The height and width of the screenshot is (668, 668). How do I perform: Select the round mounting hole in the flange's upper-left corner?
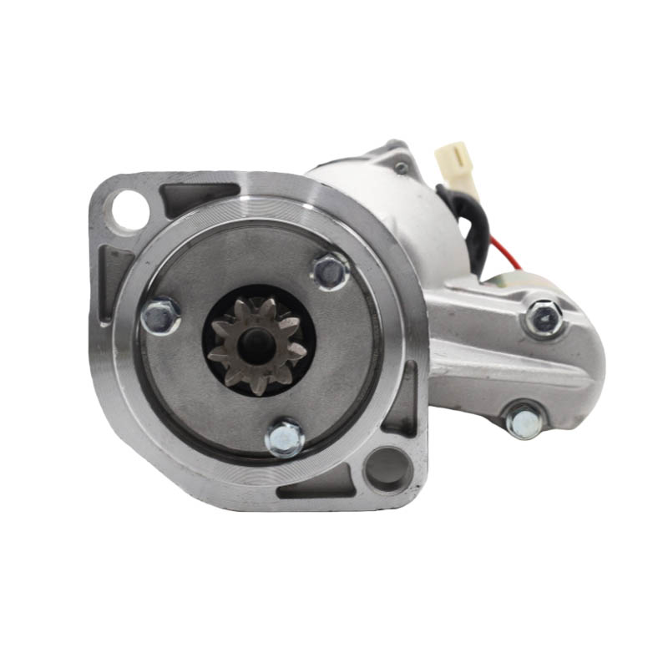(x=129, y=207)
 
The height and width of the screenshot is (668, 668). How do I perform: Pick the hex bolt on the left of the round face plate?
(x=159, y=316)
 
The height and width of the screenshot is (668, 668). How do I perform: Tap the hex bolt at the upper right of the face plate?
(x=330, y=271)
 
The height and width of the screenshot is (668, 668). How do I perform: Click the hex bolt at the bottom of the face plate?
(x=286, y=437)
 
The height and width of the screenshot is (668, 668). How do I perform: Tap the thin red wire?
(x=502, y=249)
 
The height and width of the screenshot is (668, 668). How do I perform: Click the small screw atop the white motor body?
(x=402, y=168)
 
